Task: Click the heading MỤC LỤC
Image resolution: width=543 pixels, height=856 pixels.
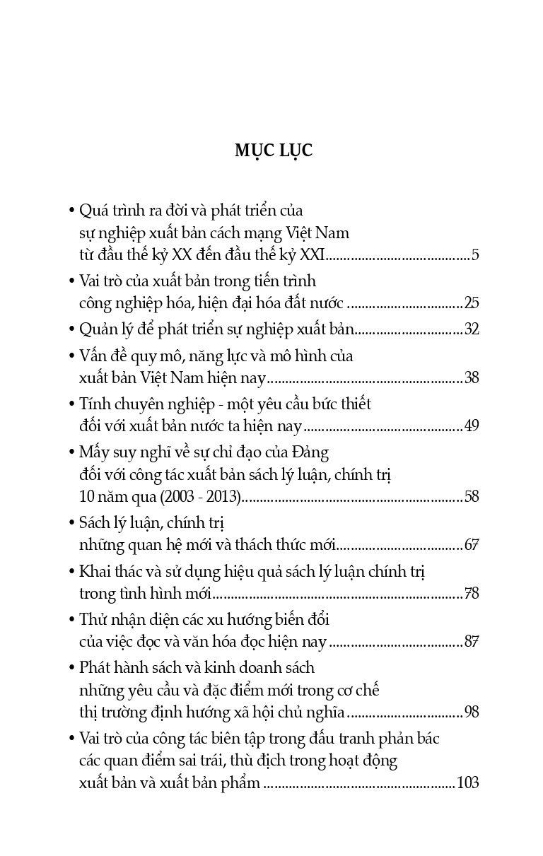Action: pyautogui.click(x=273, y=150)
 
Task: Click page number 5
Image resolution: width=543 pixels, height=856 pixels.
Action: pyautogui.click(x=475, y=255)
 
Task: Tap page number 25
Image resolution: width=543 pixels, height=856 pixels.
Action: pyautogui.click(x=472, y=303)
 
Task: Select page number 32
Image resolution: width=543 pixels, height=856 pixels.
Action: pyautogui.click(x=472, y=329)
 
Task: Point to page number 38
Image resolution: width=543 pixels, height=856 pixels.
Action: pyautogui.click(x=472, y=378)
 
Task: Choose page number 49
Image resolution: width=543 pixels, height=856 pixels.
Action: pyautogui.click(x=472, y=426)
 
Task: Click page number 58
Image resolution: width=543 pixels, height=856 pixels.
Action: pyautogui.click(x=472, y=497)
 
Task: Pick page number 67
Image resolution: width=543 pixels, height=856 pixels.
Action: pyautogui.click(x=472, y=545)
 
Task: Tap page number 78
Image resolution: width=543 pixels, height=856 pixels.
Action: pyautogui.click(x=472, y=593)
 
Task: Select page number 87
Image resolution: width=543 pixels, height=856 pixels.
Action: pyautogui.click(x=472, y=642)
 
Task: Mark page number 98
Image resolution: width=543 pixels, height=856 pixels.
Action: pyautogui.click(x=472, y=712)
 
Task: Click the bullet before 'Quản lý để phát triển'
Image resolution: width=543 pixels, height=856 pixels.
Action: pyautogui.click(x=72, y=330)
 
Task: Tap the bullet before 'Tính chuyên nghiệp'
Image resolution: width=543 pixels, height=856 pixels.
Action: pyautogui.click(x=72, y=405)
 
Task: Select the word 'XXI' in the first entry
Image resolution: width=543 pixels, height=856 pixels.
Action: pyautogui.click(x=312, y=255)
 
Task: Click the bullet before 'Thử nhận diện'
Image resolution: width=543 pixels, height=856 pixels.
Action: pyautogui.click(x=72, y=621)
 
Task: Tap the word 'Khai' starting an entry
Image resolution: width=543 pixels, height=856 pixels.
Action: pyautogui.click(x=94, y=571)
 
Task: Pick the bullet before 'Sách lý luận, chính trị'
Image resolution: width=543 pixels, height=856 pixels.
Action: pyautogui.click(x=72, y=524)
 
